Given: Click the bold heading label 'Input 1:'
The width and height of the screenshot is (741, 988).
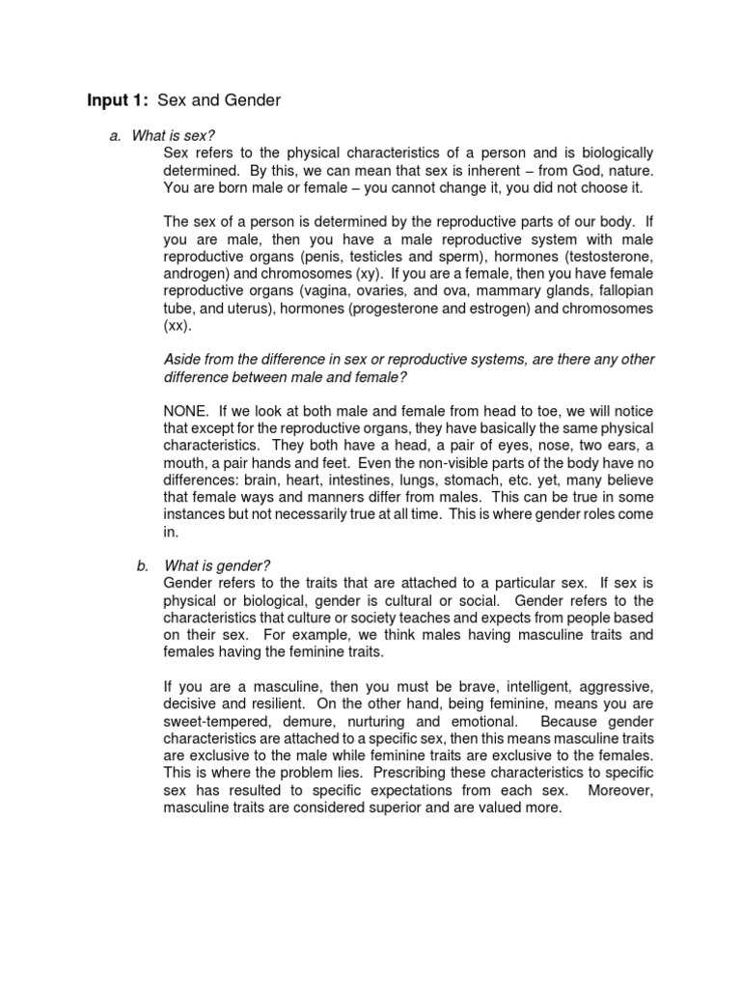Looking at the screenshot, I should click(118, 100).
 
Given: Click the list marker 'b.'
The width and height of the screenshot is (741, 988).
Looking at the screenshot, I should click(144, 564).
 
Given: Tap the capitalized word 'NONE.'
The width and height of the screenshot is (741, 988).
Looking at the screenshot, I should click(189, 411).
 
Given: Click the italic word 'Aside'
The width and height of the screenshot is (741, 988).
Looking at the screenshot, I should click(183, 359).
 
